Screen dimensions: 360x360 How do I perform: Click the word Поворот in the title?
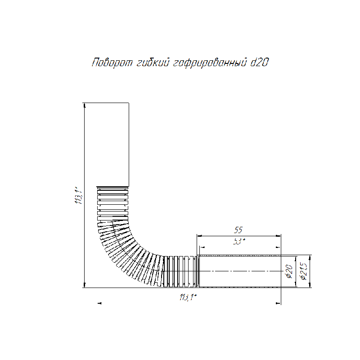pyautogui.click(x=112, y=63)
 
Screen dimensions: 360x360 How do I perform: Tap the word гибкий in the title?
pyautogui.click(x=153, y=63)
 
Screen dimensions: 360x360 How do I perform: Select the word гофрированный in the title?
pyautogui.click(x=210, y=63)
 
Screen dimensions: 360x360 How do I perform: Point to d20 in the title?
pyautogui.click(x=259, y=63)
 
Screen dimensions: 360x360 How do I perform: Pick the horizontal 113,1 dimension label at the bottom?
pyautogui.click(x=188, y=297)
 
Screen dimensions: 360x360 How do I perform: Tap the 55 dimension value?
pyautogui.click(x=238, y=230)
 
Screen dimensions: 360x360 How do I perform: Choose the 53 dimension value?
pyautogui.click(x=239, y=242)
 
